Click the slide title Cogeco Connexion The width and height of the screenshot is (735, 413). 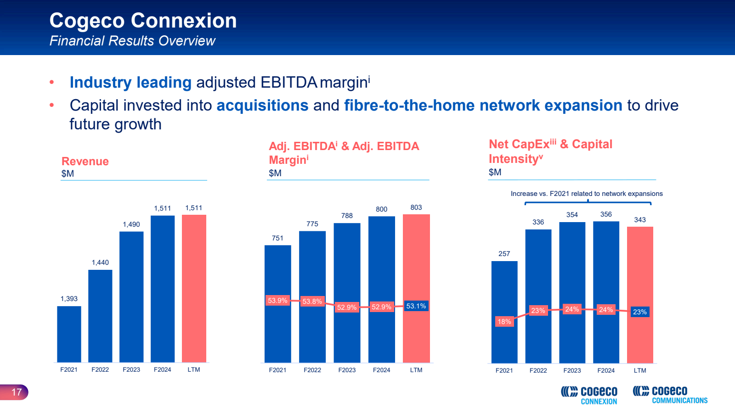click(143, 21)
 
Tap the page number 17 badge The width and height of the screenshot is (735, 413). click(16, 392)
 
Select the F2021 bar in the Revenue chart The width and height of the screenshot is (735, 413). click(69, 334)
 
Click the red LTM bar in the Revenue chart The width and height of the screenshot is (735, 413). click(194, 288)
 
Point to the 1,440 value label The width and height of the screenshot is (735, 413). click(100, 262)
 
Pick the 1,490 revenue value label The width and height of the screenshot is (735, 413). click(131, 224)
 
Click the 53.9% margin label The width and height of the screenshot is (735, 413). click(277, 301)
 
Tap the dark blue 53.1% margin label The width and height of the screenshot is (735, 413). click(416, 306)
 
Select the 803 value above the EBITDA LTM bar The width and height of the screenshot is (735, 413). click(416, 207)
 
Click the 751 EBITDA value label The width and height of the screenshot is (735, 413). click(277, 238)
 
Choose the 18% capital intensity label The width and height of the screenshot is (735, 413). click(504, 322)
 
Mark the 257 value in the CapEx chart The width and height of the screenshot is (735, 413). click(504, 254)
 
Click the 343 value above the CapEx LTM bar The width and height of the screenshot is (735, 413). click(640, 220)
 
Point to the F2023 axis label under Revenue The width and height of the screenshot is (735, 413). click(131, 369)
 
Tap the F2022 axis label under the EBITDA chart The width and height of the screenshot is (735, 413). click(312, 370)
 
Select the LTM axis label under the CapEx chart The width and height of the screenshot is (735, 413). click(640, 370)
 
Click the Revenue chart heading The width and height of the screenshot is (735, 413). click(85, 162)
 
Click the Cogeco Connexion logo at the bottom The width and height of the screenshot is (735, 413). click(589, 395)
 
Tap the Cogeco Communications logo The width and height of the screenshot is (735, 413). click(670, 395)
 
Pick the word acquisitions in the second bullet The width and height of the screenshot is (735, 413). click(262, 106)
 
